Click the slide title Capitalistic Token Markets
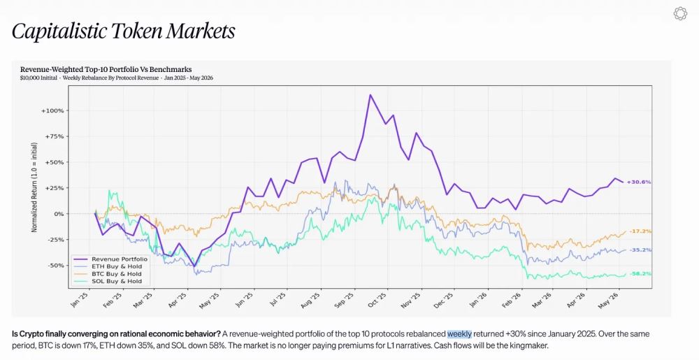point(124,31)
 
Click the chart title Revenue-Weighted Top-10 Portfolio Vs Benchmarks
point(106,69)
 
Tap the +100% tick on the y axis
point(52,110)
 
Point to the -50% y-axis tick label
point(54,266)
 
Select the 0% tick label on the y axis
point(59,214)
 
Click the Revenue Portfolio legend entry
point(110,259)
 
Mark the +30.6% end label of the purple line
point(639,182)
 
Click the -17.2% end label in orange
point(640,231)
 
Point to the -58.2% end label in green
point(640,273)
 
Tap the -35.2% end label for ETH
point(640,250)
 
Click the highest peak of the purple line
point(370,94)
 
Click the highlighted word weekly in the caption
point(459,334)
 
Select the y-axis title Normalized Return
point(34,187)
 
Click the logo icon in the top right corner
point(680,13)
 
